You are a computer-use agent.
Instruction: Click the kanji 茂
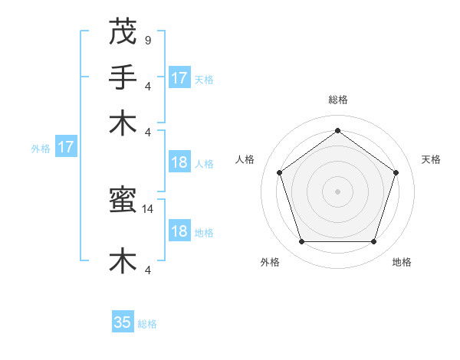point(123,32)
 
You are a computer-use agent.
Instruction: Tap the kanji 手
point(123,77)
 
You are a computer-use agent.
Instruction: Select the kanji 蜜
point(123,201)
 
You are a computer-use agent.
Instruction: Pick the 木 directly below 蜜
point(123,260)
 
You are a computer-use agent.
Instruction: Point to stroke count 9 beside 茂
point(147,40)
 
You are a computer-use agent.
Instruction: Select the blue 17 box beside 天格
point(179,78)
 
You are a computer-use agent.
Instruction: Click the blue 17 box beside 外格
point(65,148)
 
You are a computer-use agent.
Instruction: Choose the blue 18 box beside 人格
point(179,162)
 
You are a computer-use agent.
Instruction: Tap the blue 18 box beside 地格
point(179,231)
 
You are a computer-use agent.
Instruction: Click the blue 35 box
point(123,322)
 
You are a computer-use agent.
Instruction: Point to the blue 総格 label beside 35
point(147,324)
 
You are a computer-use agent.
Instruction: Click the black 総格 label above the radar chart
point(337,100)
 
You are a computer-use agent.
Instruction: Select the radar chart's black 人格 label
point(245,159)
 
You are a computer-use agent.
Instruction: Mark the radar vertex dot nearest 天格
point(396,172)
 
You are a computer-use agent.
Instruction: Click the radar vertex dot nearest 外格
point(301,242)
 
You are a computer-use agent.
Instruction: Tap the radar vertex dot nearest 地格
point(373,242)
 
